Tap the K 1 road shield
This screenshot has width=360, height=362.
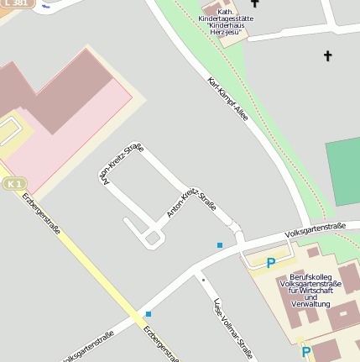[12, 182]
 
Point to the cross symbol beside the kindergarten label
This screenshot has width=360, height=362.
[254, 3]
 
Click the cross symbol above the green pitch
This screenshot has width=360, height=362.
[327, 56]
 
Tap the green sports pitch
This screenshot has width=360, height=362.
[343, 172]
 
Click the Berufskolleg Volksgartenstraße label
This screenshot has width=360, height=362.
[310, 289]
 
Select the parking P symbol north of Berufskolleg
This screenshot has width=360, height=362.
[271, 263]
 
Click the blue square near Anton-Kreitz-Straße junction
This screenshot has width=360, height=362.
[220, 245]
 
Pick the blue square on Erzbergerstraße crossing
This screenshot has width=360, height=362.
[149, 314]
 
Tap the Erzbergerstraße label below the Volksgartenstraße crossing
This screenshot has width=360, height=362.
[162, 344]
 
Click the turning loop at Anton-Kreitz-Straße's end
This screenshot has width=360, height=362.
[152, 239]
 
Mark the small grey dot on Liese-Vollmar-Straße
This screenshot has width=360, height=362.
[203, 278]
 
